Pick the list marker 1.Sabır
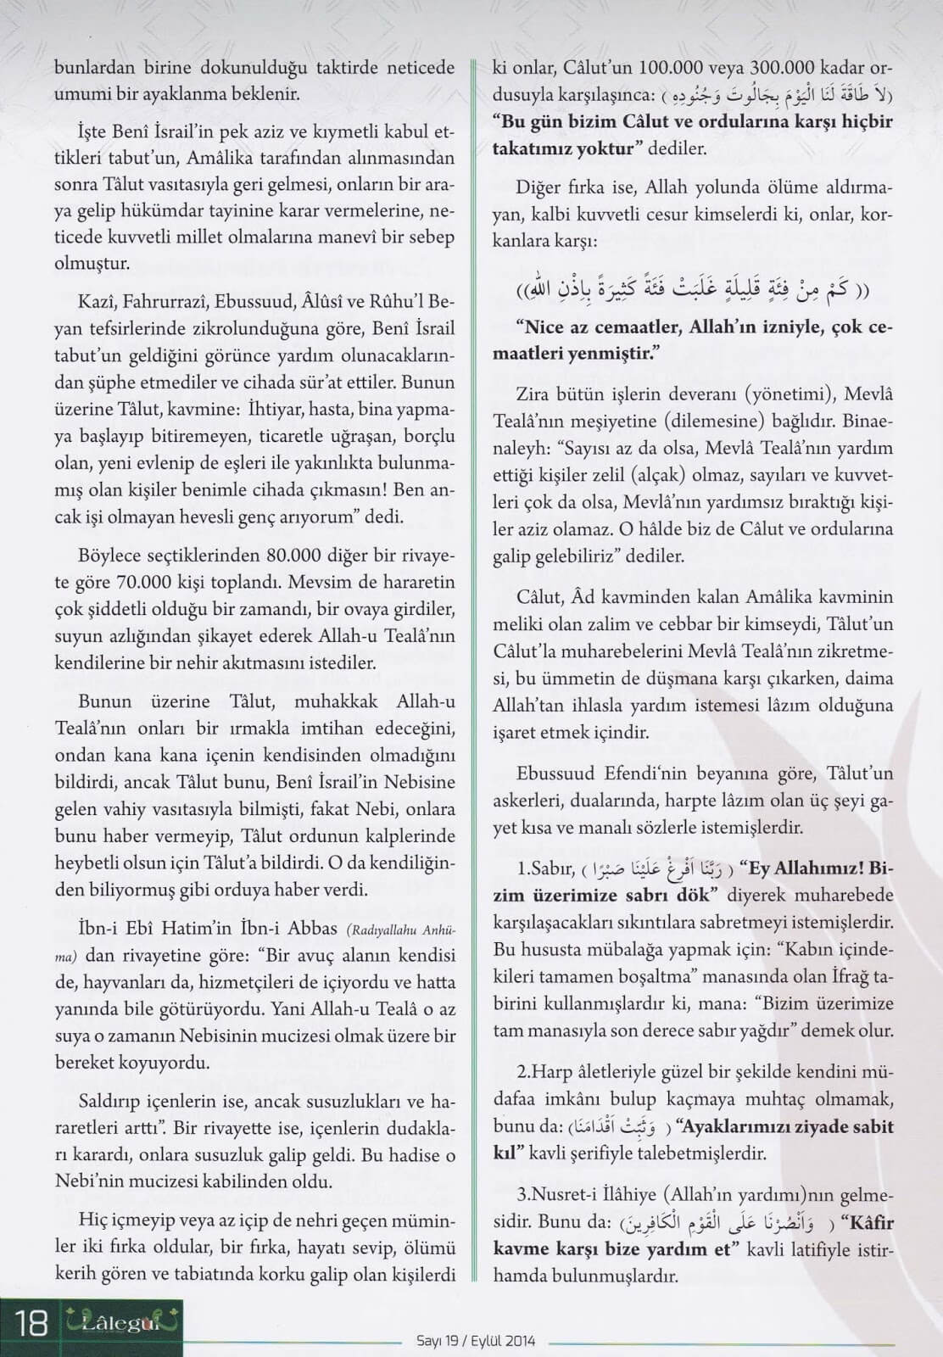point(546,869)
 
